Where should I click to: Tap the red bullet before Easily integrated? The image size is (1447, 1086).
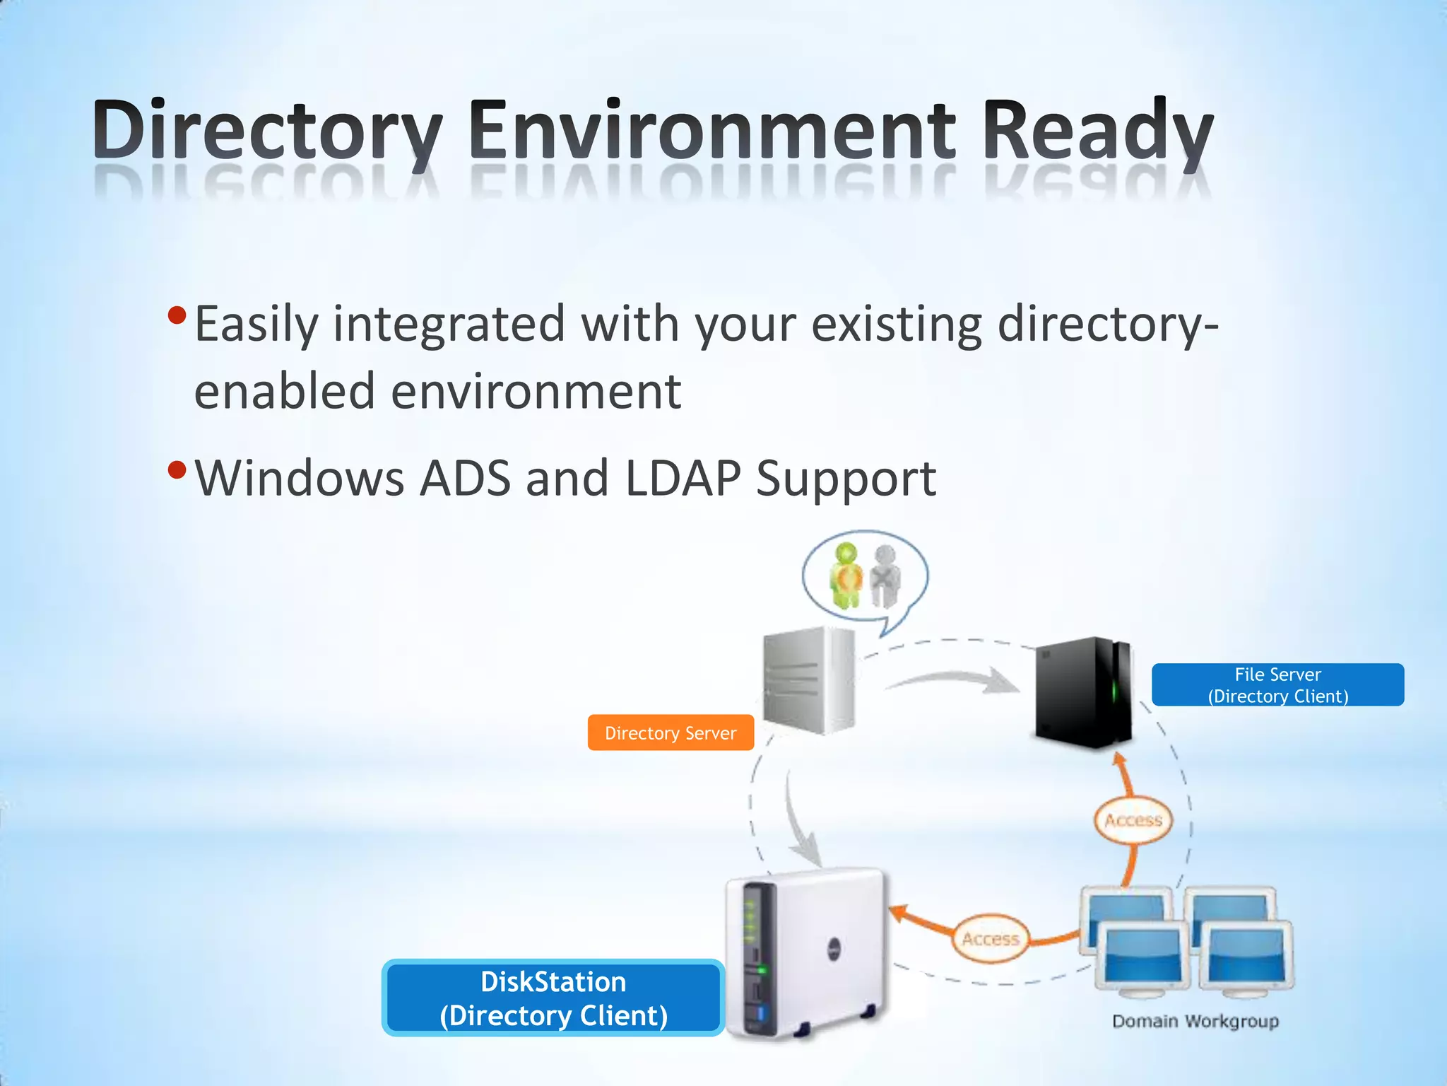pyautogui.click(x=177, y=315)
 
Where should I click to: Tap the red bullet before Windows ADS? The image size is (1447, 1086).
pyautogui.click(x=177, y=469)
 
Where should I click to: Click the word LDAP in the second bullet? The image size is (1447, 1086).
pyautogui.click(x=683, y=479)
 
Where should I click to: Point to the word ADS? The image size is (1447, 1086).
pyautogui.click(x=465, y=479)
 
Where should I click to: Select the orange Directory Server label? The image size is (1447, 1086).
pyautogui.click(x=671, y=733)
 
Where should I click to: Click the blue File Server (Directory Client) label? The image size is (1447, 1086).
pyautogui.click(x=1277, y=685)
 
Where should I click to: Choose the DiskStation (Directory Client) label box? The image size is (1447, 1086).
pyautogui.click(x=553, y=998)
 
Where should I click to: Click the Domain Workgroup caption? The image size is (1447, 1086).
pyautogui.click(x=1195, y=1021)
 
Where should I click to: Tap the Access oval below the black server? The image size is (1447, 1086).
pyautogui.click(x=1133, y=820)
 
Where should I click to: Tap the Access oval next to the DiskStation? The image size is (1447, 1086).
pyautogui.click(x=991, y=939)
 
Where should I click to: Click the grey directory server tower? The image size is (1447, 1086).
pyautogui.click(x=810, y=680)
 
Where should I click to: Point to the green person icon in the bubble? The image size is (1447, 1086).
pyautogui.click(x=846, y=576)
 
